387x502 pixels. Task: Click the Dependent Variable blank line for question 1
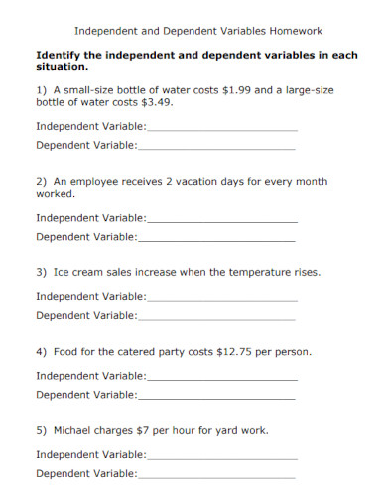pos(216,147)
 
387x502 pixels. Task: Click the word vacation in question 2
pos(200,182)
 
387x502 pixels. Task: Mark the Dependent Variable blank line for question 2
pos(216,239)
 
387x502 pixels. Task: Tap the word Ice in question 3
pos(61,272)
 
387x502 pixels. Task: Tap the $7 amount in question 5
pos(148,431)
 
